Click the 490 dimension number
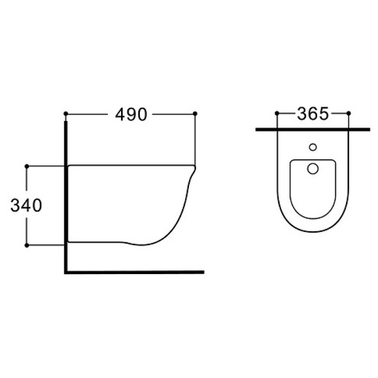131,114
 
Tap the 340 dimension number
26,205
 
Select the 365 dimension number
312,113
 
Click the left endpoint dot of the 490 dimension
66,113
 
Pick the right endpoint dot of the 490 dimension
195,113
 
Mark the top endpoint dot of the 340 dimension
26,166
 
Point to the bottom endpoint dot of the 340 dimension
26,246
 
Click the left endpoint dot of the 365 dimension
277,113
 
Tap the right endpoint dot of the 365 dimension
348,113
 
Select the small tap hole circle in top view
312,147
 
